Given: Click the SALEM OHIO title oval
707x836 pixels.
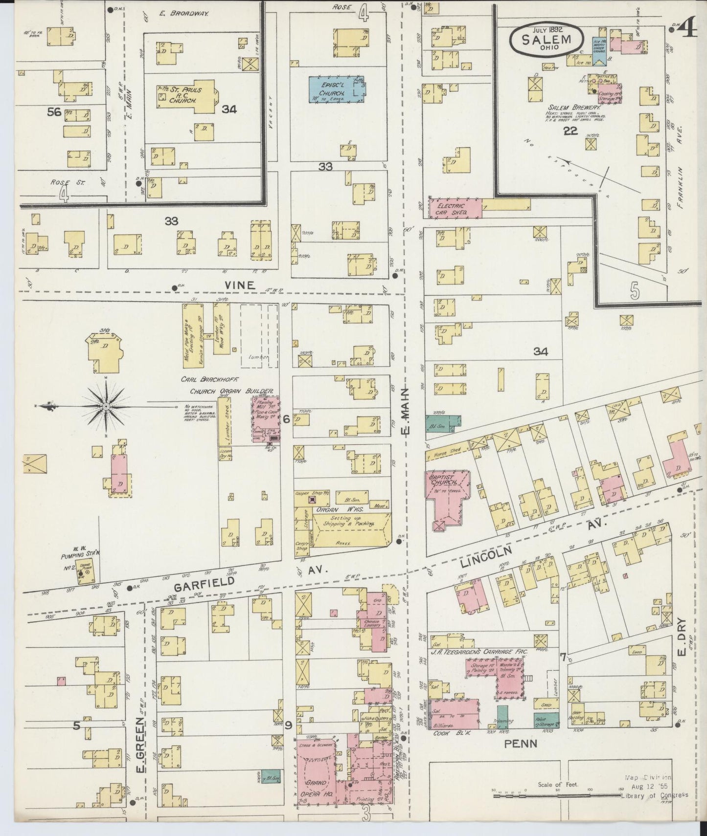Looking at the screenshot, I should [x=547, y=37].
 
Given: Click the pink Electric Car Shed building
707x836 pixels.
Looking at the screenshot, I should [x=455, y=208].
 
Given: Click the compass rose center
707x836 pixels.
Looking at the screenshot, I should [x=106, y=406].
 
